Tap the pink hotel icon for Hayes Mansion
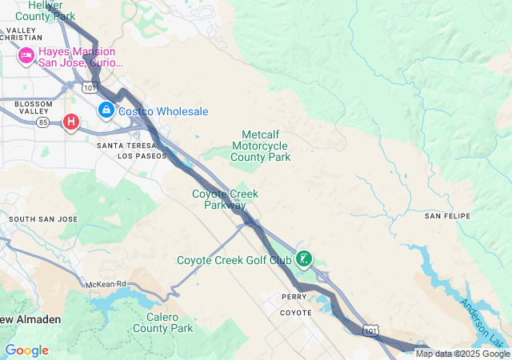26,55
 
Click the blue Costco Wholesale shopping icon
106,110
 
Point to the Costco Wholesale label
163,111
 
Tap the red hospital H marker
71,122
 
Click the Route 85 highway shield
44,122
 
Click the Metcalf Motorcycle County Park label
261,146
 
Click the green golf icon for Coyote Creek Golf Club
304,258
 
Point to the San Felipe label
447,216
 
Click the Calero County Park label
163,322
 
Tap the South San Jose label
43,218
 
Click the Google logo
26,350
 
